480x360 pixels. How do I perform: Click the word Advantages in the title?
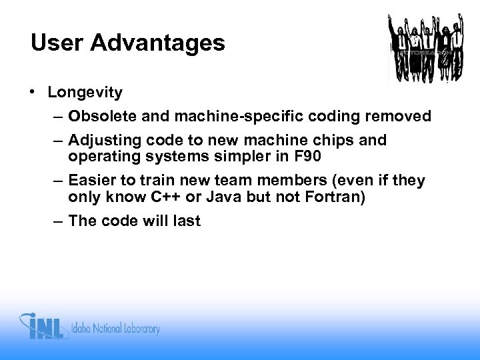(158, 43)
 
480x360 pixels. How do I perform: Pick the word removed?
(399, 117)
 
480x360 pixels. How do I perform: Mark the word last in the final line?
(186, 221)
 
